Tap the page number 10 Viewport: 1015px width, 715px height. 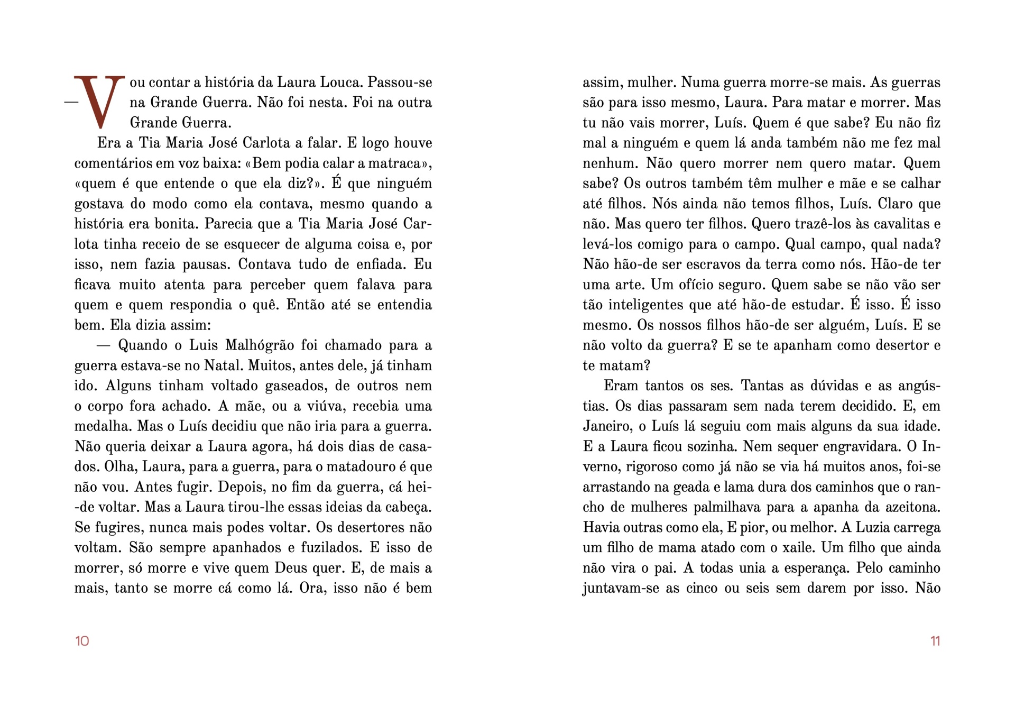82,641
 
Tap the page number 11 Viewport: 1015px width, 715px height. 935,641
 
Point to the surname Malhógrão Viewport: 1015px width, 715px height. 260,345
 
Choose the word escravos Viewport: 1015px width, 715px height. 687,264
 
